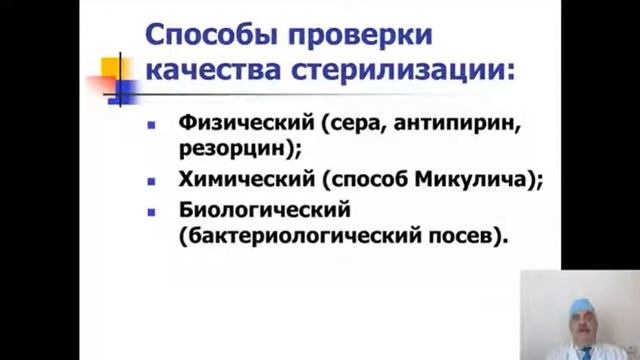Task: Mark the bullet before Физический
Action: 152,127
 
